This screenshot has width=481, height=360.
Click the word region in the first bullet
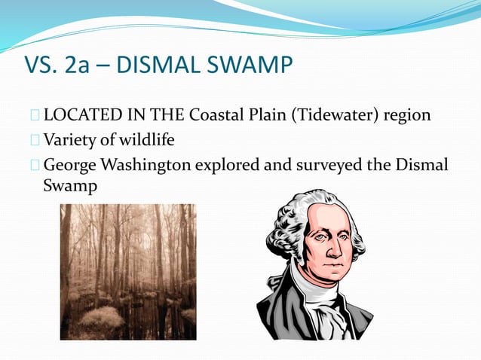click(x=408, y=116)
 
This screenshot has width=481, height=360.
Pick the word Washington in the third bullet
click(x=148, y=164)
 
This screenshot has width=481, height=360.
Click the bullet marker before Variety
click(x=35, y=140)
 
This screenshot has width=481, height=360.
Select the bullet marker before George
click(x=35, y=163)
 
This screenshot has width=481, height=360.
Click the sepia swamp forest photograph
click(x=128, y=272)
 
